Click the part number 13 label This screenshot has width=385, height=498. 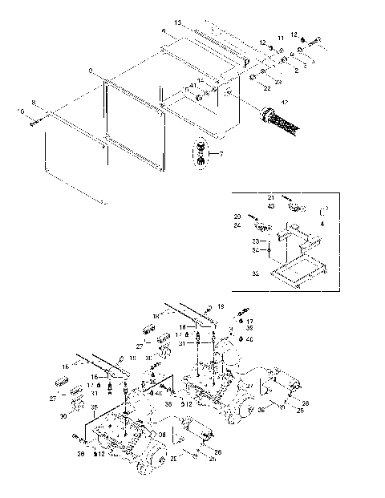click(178, 22)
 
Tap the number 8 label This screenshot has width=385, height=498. click(34, 103)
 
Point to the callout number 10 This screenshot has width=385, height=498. click(21, 111)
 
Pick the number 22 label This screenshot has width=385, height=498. click(266, 88)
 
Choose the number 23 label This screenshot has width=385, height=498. click(278, 82)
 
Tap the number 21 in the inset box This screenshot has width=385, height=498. click(271, 197)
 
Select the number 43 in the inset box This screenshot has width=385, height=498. click(271, 206)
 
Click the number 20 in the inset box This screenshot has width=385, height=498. click(237, 217)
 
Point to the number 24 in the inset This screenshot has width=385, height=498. click(237, 225)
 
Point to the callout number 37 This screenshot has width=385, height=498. click(249, 386)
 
